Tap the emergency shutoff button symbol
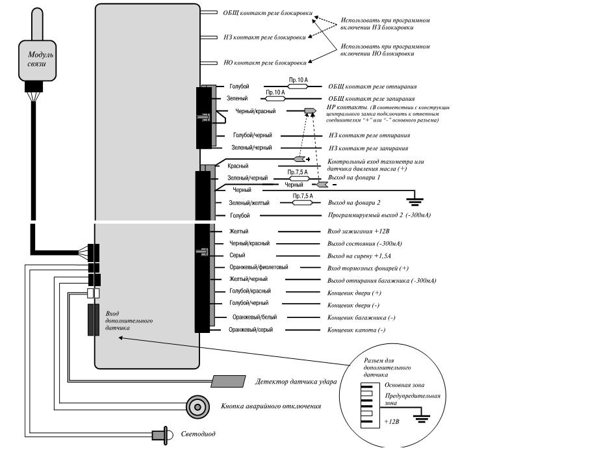pos(198,406)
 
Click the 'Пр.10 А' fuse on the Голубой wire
pos(298,86)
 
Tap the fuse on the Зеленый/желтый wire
pos(302,203)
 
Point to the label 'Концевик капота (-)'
pos(357,330)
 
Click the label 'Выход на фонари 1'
pos(354,178)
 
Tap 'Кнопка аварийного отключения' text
pos(272,406)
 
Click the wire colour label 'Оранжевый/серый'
pos(251,330)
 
